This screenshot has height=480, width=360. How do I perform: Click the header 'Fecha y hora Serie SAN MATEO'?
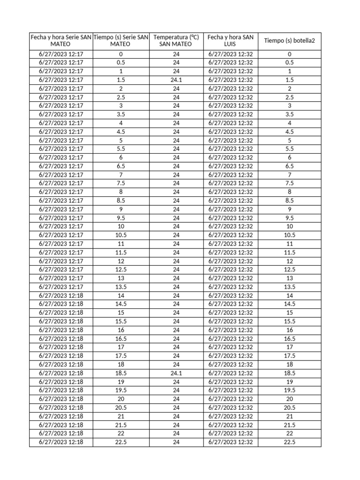(61, 40)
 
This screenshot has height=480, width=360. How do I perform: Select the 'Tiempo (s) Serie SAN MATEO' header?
(121, 40)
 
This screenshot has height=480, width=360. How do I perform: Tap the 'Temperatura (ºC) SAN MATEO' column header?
(176, 40)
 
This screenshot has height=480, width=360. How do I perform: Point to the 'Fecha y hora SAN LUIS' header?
(231, 40)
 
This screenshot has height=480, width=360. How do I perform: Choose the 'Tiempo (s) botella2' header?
(289, 41)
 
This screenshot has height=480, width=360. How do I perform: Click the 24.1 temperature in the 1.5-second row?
(176, 80)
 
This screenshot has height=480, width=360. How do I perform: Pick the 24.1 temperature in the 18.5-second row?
(176, 373)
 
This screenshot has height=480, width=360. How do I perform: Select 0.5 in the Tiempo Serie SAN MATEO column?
(121, 62)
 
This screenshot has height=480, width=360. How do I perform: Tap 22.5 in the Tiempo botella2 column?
(289, 442)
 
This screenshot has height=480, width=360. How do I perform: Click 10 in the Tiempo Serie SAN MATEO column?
(121, 226)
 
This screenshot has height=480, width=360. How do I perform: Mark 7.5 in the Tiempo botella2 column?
(289, 183)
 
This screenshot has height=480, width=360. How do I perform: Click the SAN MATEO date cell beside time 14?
(61, 295)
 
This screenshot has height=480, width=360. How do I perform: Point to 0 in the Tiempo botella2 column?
(289, 54)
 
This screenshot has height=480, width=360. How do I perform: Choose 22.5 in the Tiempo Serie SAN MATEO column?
(121, 442)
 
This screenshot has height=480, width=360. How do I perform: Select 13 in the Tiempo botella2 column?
(289, 278)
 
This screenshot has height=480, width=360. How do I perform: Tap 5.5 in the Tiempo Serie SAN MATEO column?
(121, 149)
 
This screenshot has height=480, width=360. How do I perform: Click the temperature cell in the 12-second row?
(176, 261)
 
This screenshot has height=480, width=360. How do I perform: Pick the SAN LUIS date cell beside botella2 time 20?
(231, 399)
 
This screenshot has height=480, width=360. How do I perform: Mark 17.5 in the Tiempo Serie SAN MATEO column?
(121, 356)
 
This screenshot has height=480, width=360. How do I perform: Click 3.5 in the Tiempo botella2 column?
(289, 114)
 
